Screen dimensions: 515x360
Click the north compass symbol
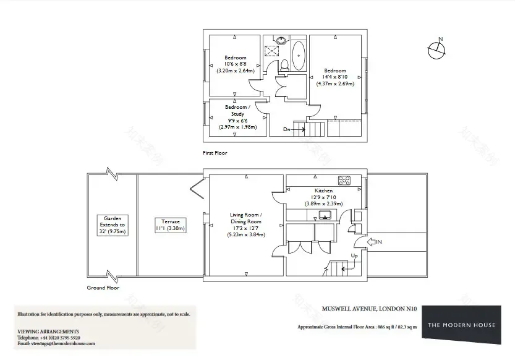tap(436, 49)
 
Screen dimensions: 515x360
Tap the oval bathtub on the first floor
tap(299, 56)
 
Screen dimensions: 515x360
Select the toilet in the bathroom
tap(284, 66)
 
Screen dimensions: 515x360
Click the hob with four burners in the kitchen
tap(344, 181)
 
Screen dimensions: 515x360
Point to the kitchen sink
tap(325, 215)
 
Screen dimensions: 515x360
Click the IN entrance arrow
tap(371, 242)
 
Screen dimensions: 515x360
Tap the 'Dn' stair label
tap(287, 129)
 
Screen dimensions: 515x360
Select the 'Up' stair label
tap(354, 255)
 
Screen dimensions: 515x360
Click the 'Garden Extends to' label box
tap(113, 225)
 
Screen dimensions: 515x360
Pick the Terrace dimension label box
tap(171, 225)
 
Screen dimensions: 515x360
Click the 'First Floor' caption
tap(215, 153)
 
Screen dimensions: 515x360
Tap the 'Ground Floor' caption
tap(103, 288)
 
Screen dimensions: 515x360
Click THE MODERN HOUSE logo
tap(461, 325)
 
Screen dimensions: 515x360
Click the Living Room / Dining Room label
tap(246, 225)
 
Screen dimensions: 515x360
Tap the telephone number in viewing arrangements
tap(59, 338)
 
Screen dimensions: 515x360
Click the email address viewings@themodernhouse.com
tap(63, 343)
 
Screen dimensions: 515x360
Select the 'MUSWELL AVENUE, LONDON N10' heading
tap(370, 309)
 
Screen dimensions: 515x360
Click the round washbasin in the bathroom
tap(281, 40)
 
